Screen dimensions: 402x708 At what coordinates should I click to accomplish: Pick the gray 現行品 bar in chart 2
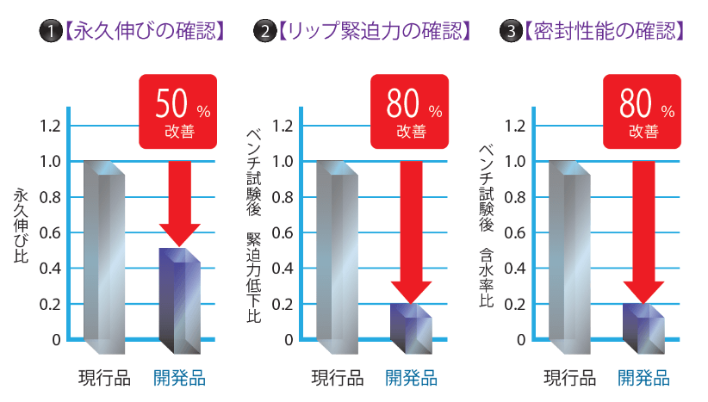click(337, 257)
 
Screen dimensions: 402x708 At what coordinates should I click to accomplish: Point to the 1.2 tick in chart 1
click(51, 126)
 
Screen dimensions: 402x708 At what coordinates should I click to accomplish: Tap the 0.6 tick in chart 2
click(283, 232)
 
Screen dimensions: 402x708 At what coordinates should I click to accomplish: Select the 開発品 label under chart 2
click(411, 377)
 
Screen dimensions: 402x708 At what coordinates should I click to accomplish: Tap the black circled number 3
click(512, 33)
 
